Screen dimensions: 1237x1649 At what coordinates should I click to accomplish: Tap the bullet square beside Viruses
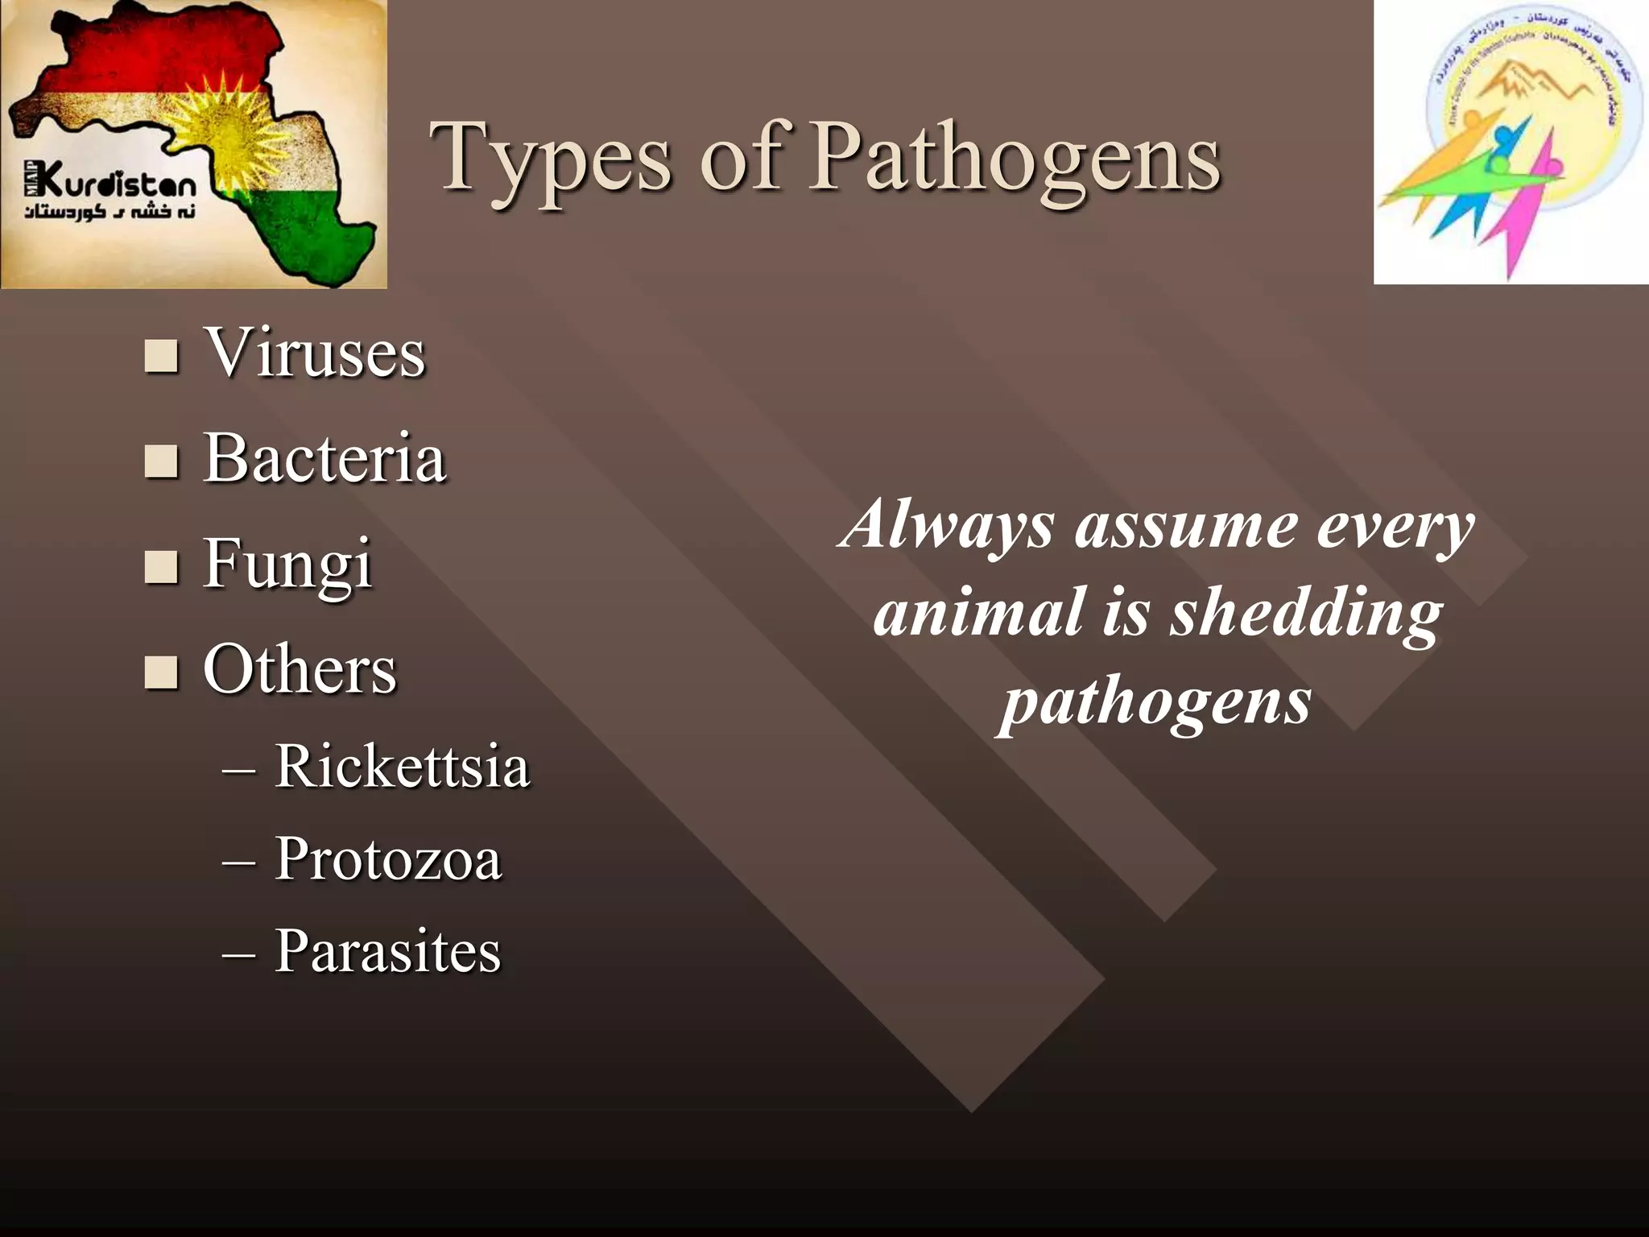(x=161, y=356)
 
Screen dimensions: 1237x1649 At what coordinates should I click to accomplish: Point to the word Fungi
(x=287, y=564)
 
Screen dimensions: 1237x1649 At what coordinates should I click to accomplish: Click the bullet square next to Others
(x=161, y=672)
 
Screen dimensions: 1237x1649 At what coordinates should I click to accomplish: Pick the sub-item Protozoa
(x=388, y=858)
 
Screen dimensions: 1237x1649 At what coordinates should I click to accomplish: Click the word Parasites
(x=387, y=951)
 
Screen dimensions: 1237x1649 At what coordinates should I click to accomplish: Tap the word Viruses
(x=314, y=354)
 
